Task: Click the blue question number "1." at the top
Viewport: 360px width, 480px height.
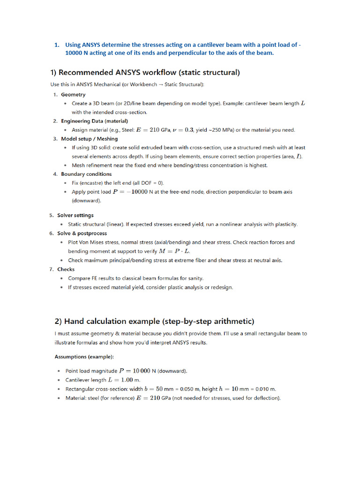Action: pos(56,45)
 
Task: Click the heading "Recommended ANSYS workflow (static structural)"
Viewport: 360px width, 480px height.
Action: pos(145,73)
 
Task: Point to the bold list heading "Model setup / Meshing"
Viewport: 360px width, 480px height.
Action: pos(89,139)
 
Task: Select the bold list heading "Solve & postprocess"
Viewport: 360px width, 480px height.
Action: pos(82,233)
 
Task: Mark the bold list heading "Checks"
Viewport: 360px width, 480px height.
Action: pos(66,269)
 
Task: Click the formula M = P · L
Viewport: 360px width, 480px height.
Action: pos(175,251)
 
